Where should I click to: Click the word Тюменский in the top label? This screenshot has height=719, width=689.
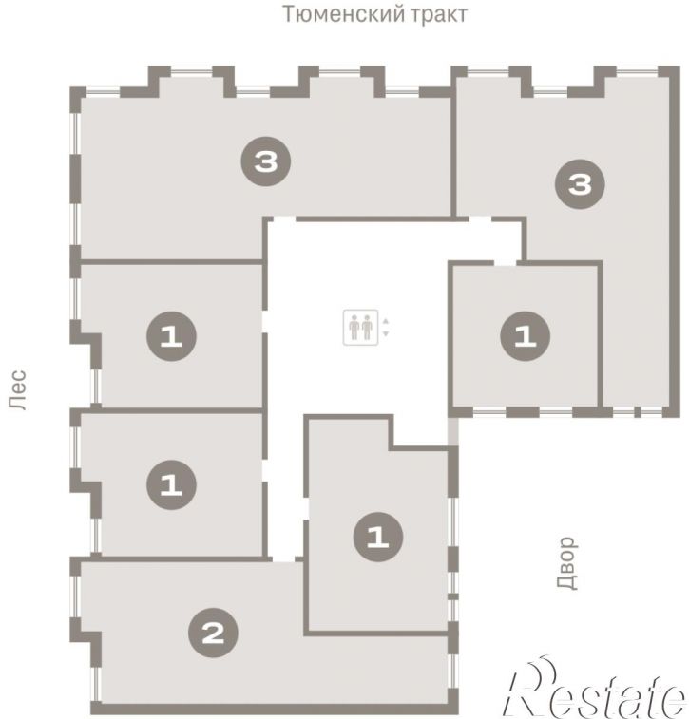(343, 13)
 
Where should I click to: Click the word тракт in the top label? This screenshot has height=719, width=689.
(438, 13)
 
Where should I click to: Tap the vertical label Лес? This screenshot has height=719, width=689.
(18, 389)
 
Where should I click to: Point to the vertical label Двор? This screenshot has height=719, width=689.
(567, 563)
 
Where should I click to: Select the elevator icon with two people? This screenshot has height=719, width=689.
(360, 328)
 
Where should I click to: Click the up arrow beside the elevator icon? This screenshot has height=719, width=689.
(385, 321)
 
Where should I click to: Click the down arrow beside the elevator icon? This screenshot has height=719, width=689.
(385, 333)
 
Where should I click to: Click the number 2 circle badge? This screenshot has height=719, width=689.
(213, 634)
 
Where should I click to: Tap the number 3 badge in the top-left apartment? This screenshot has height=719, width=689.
(266, 161)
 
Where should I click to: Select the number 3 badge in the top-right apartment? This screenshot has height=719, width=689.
(580, 184)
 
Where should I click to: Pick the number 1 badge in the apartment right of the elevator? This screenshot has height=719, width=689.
(526, 336)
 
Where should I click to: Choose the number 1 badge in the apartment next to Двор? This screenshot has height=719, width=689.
(378, 537)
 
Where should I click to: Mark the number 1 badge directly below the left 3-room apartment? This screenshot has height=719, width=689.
(172, 336)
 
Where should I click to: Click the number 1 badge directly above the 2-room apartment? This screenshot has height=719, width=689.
(172, 484)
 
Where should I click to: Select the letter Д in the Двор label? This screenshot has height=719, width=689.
(567, 581)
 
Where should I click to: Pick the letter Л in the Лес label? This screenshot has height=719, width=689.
(18, 402)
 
